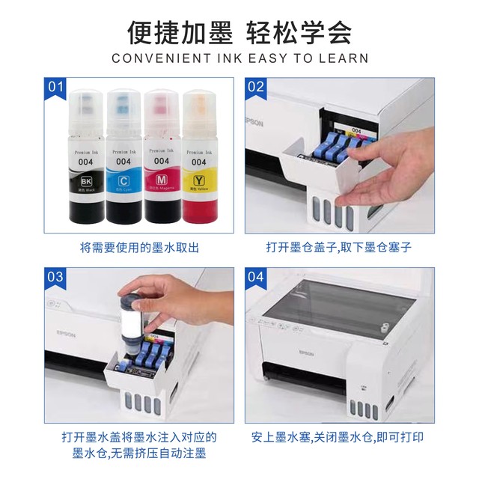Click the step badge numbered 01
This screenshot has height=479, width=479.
[x=57, y=87]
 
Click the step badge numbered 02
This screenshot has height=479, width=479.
[x=256, y=87]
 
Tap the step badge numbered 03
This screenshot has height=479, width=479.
[x=57, y=277]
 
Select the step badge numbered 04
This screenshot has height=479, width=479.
[x=256, y=277]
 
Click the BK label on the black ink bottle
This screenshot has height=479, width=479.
[x=84, y=180]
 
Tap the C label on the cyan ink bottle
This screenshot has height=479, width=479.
[x=123, y=180]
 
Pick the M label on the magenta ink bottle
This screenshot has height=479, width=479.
[x=160, y=180]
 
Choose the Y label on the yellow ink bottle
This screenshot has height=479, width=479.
[x=198, y=180]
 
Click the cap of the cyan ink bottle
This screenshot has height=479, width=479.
[x=123, y=112]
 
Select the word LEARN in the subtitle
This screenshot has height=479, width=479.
[x=344, y=58]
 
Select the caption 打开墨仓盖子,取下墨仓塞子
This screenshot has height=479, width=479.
[x=338, y=247]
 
